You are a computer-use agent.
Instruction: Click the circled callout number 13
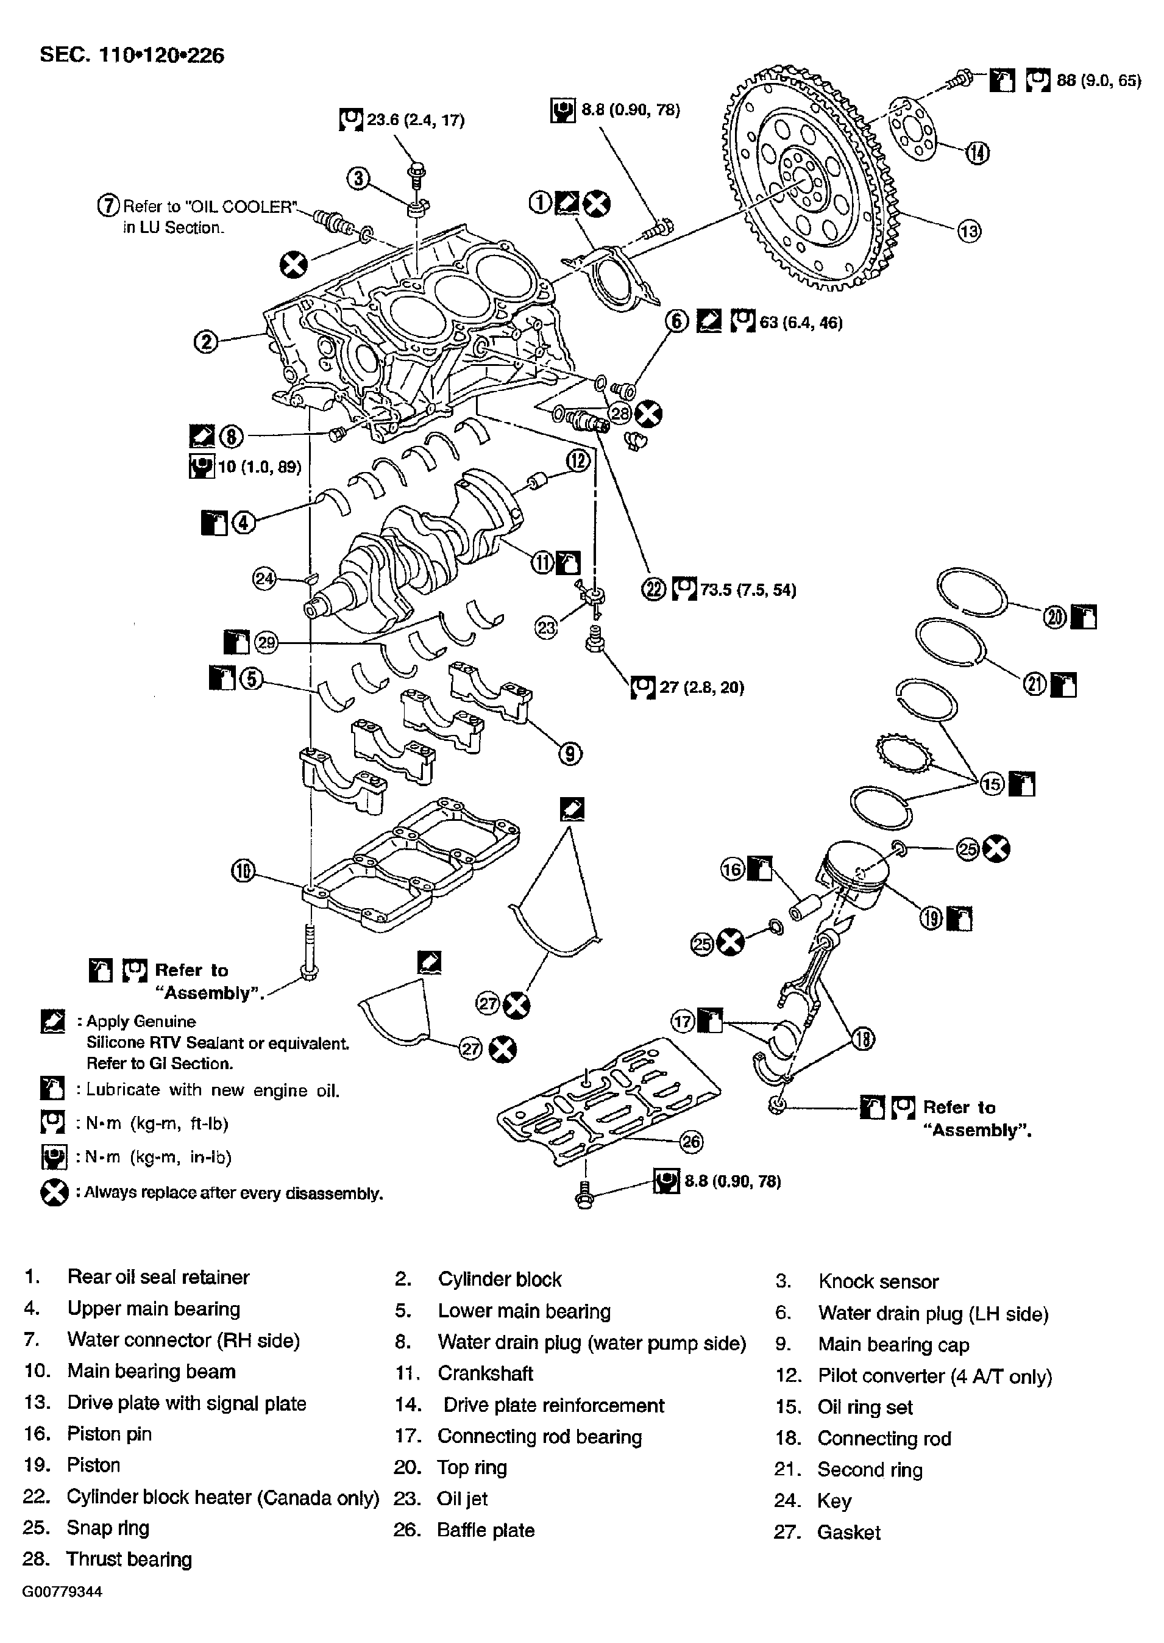[969, 231]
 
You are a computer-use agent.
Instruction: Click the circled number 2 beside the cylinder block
[206, 342]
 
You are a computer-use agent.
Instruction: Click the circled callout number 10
[243, 872]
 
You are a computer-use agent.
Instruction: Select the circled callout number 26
[691, 1141]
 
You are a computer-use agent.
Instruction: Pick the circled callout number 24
[264, 578]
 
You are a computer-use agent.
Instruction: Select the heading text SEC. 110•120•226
[132, 55]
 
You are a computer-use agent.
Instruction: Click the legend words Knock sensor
[878, 1281]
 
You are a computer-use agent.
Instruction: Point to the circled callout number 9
[570, 754]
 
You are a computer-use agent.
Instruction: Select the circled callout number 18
[863, 1039]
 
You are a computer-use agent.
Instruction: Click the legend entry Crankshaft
[485, 1373]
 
